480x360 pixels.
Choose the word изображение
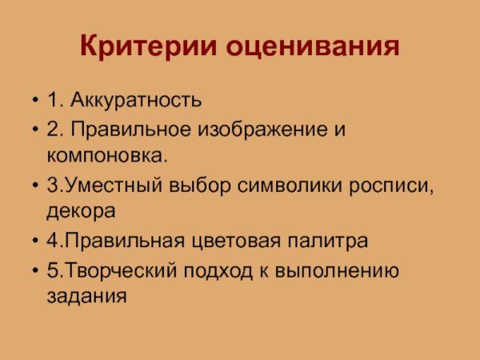click(266, 130)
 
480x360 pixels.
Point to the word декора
click(81, 211)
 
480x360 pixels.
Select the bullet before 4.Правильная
click(34, 242)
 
